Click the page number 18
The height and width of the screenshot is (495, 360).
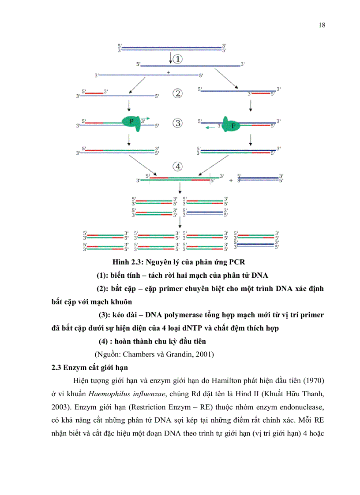click(322, 25)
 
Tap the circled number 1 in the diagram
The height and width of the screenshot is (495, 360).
click(178, 59)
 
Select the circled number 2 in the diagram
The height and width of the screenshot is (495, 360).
click(178, 93)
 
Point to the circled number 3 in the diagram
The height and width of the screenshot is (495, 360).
click(178, 123)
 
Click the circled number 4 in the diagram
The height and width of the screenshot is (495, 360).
click(178, 167)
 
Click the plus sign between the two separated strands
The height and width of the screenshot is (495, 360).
click(169, 71)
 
